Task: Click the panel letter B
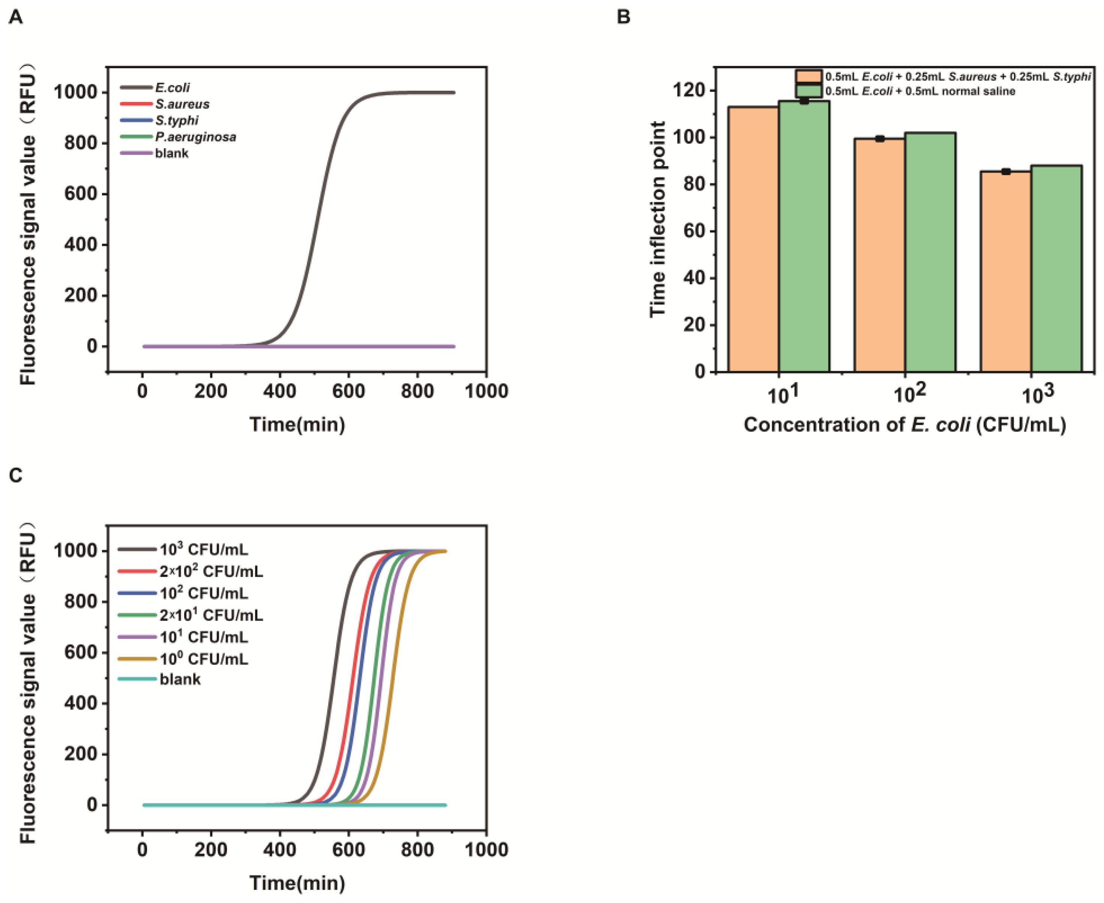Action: pos(623,17)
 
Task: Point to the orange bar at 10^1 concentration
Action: pos(753,239)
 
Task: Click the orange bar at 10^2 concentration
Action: pos(879,255)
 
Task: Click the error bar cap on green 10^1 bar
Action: pos(804,100)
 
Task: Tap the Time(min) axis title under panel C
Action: pos(297,883)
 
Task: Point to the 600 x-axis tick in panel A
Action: pos(348,391)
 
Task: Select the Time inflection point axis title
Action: pos(658,219)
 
